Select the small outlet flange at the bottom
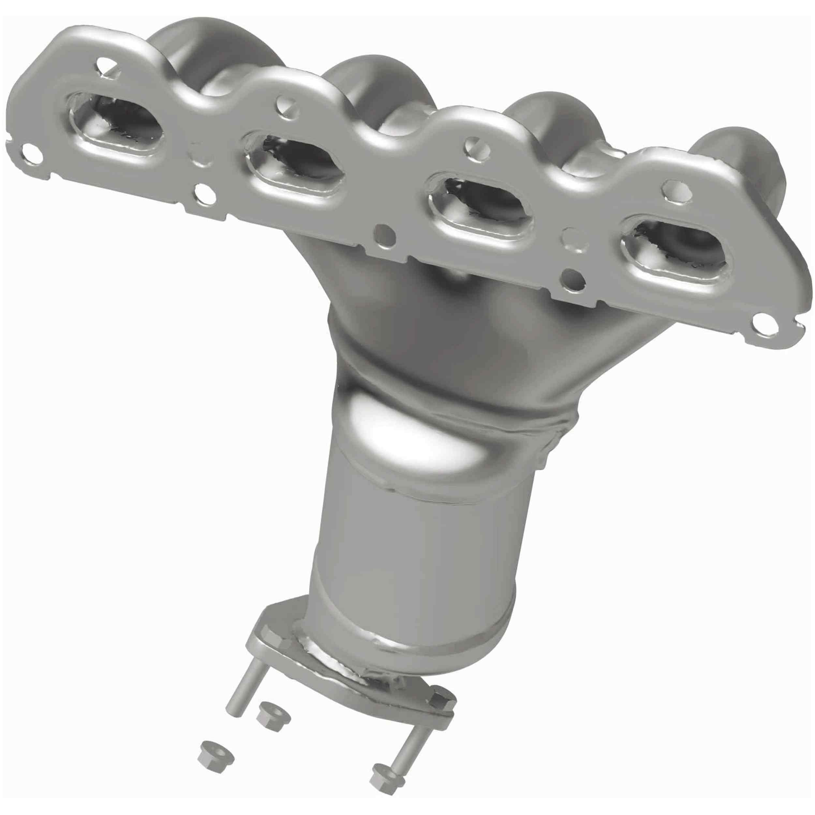350,683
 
